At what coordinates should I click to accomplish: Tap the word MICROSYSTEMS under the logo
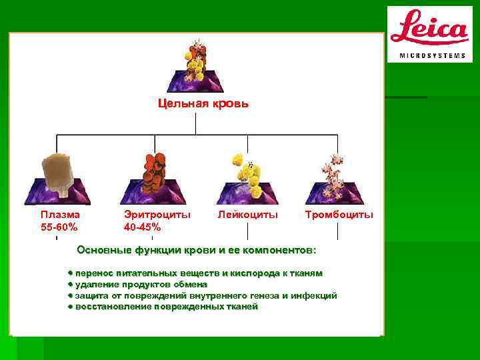click(x=432, y=55)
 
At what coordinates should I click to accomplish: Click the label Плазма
click(x=60, y=215)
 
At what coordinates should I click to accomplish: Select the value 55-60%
click(x=59, y=227)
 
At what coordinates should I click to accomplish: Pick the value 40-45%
click(x=142, y=227)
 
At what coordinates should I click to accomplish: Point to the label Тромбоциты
click(x=339, y=215)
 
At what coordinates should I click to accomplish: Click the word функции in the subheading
click(x=153, y=250)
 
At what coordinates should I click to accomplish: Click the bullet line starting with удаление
click(x=141, y=284)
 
